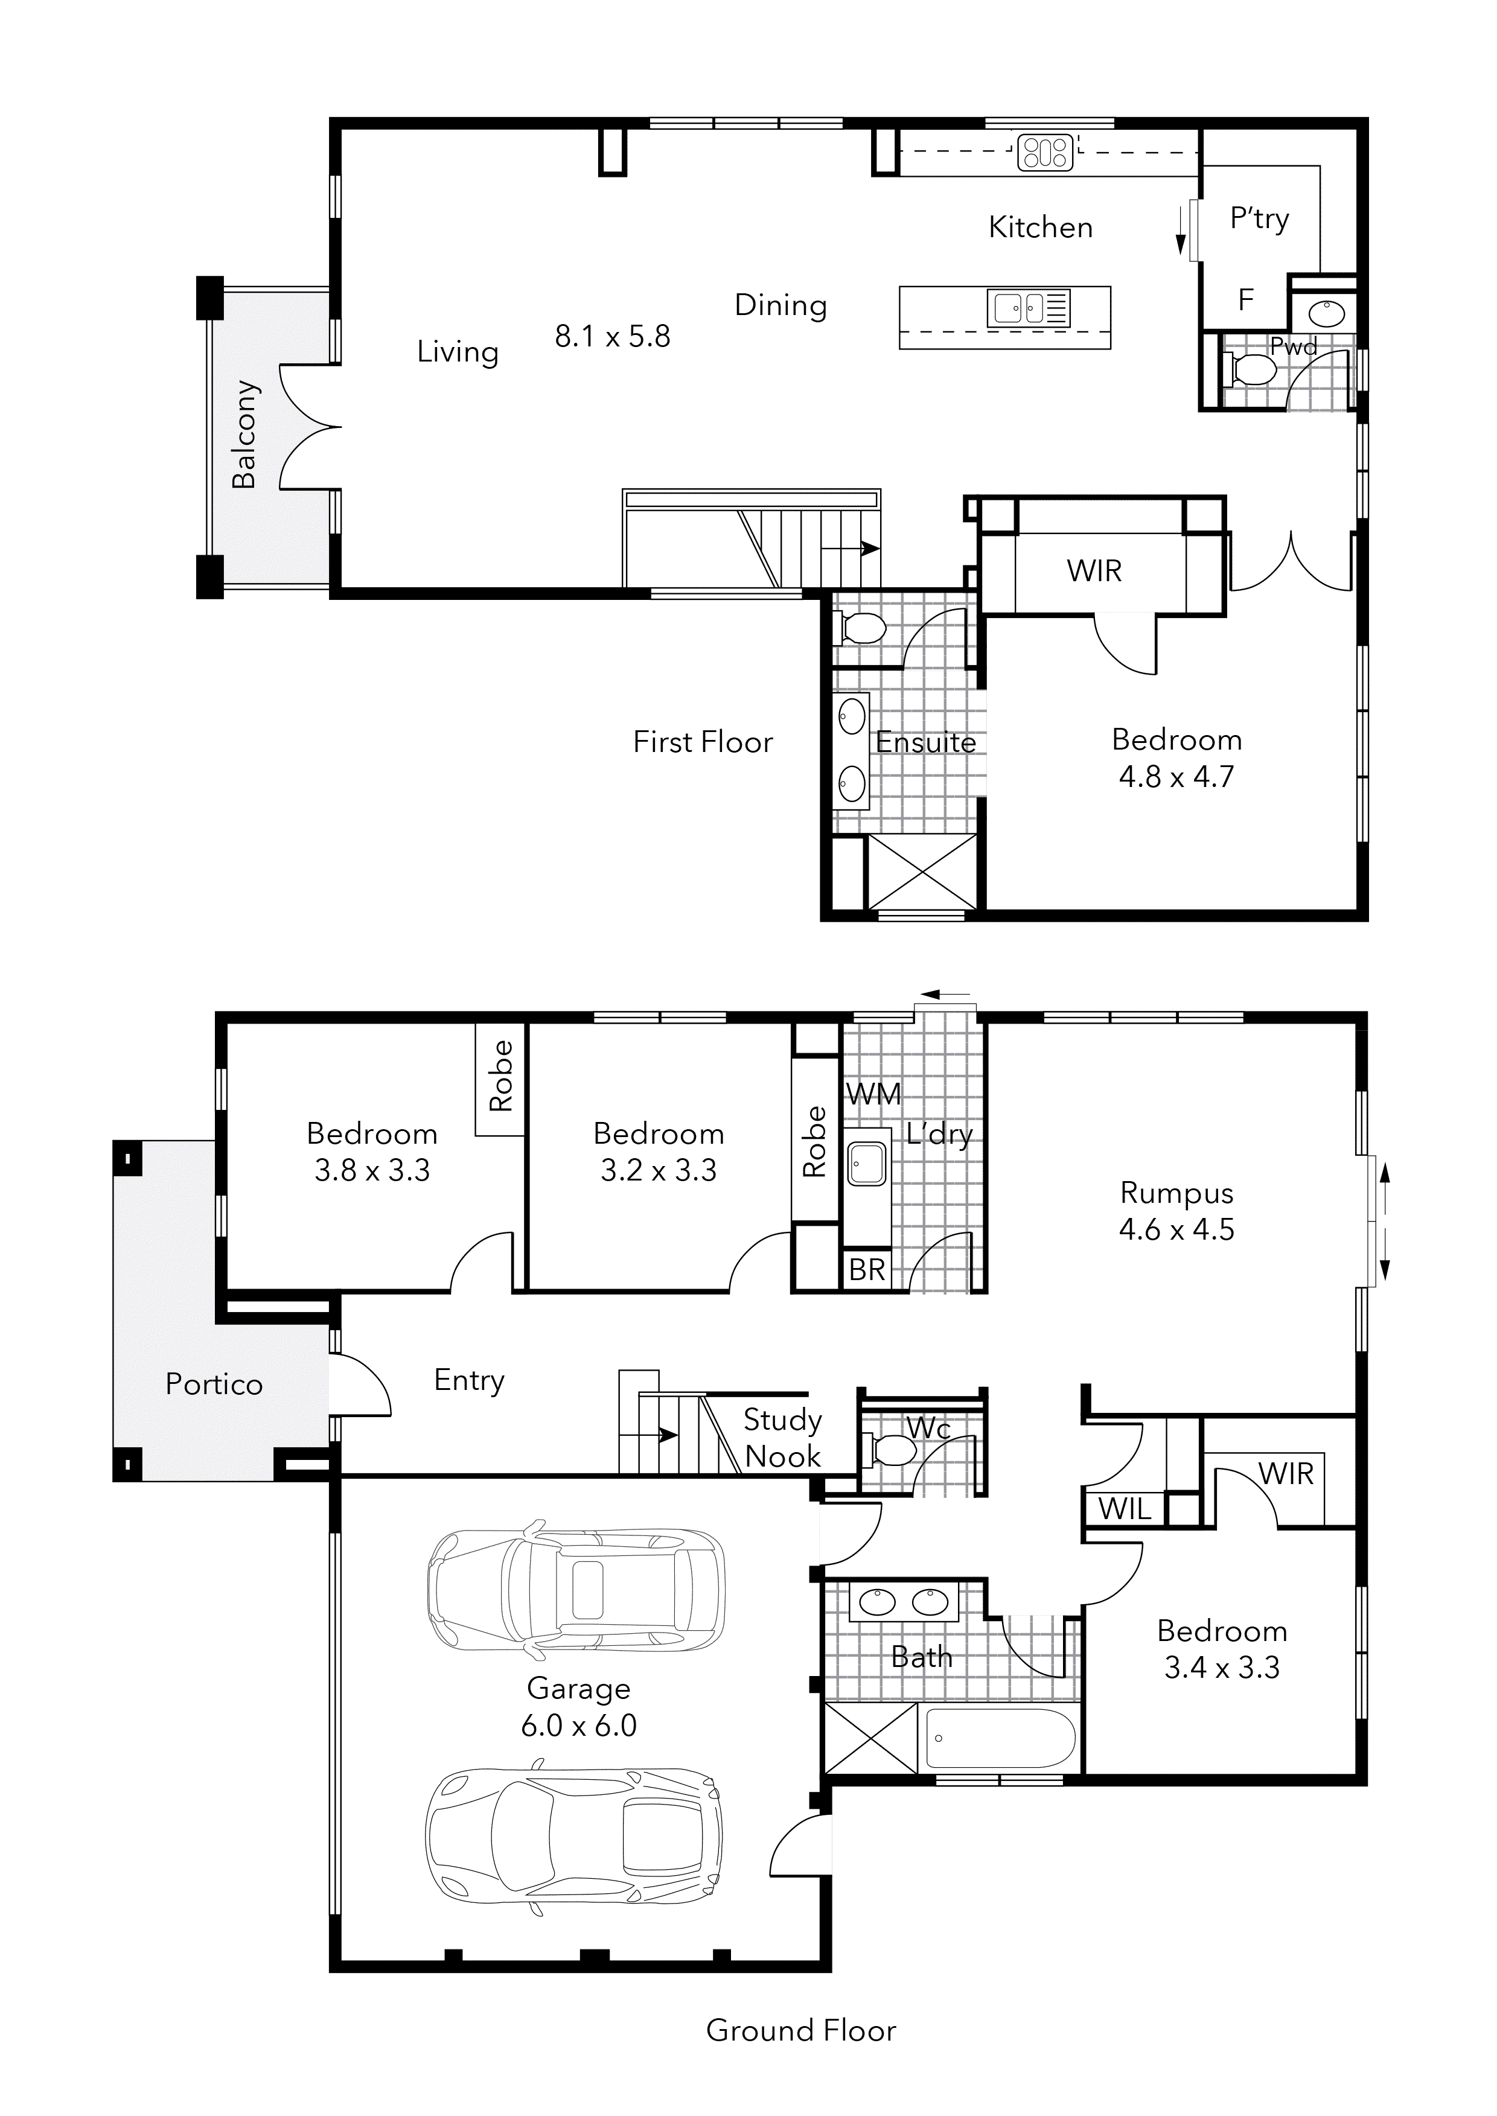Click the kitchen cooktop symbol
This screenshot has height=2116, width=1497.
tap(1045, 152)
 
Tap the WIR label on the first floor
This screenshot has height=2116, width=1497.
tap(1094, 572)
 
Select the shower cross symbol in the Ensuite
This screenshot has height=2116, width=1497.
tap(922, 872)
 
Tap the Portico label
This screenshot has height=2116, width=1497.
tap(214, 1385)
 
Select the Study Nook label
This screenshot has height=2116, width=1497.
tap(783, 1438)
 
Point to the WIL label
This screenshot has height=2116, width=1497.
tap(1125, 1509)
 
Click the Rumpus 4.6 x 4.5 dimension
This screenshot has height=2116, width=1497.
tap(1176, 1229)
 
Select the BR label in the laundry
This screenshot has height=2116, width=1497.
tap(866, 1270)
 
